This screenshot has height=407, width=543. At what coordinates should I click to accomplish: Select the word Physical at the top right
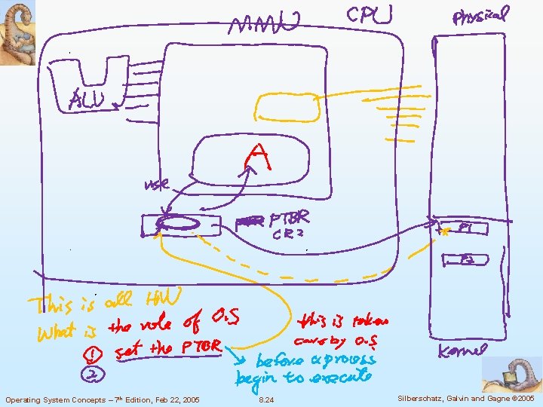(x=480, y=16)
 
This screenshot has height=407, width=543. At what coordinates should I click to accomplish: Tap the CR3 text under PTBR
(x=288, y=234)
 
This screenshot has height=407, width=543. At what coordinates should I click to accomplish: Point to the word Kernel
(x=463, y=350)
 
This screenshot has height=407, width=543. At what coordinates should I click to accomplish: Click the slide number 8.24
(x=266, y=399)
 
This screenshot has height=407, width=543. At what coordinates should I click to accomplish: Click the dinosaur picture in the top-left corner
(x=17, y=32)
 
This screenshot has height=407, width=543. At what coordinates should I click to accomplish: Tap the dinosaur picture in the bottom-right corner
(x=512, y=374)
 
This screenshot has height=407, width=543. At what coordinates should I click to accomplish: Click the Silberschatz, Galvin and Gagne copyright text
(x=465, y=399)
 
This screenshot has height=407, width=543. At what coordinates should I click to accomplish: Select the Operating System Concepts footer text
(x=103, y=399)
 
